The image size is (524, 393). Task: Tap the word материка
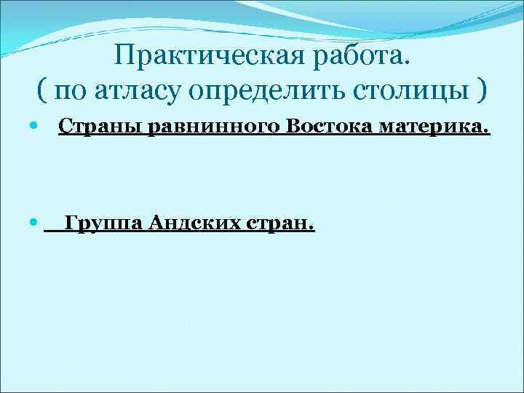pos(435,128)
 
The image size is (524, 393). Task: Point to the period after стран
pos(311,228)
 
